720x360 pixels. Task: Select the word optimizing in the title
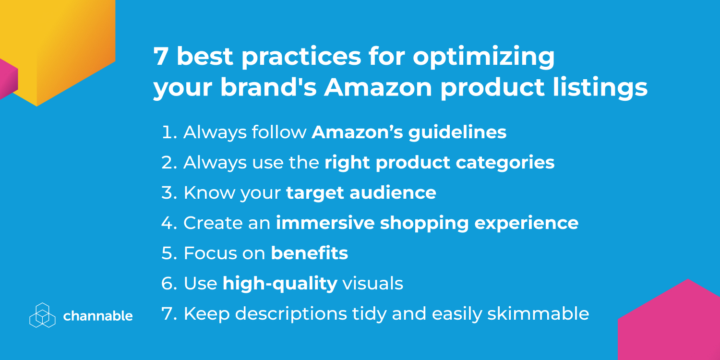point(484,57)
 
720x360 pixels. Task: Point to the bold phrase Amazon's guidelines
point(409,132)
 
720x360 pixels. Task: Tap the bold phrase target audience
point(361,192)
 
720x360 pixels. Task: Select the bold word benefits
point(309,253)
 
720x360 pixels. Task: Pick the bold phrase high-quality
point(280,284)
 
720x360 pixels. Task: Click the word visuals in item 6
point(372,284)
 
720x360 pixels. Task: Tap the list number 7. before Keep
point(169,313)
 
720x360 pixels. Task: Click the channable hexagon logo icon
point(42,315)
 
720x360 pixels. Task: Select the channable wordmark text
point(98,316)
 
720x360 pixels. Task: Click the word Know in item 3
point(209,192)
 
